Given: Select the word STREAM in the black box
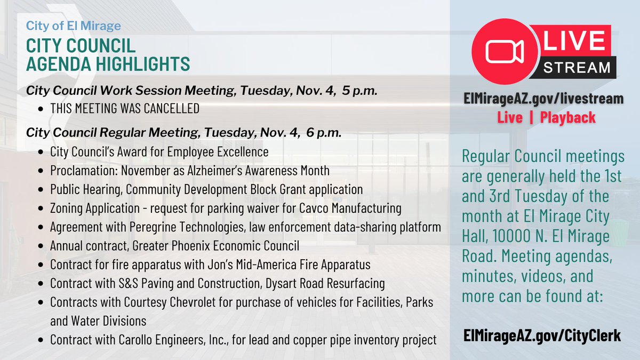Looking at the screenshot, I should [x=576, y=68].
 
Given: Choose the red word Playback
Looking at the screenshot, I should [x=567, y=117].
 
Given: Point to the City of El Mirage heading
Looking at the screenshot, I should [x=73, y=26].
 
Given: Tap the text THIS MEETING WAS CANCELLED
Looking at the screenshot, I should [x=125, y=109].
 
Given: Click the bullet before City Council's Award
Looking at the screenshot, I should [x=42, y=153].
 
